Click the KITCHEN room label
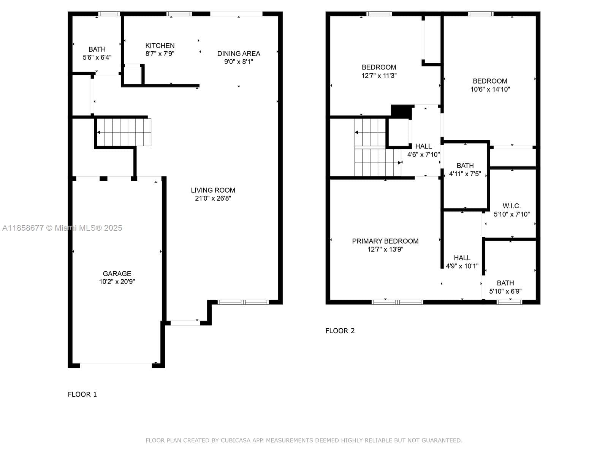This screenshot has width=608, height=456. [x=160, y=46]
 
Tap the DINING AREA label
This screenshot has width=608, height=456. [x=239, y=54]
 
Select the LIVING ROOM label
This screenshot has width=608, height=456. [x=213, y=190]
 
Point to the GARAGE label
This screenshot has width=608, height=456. [x=117, y=274]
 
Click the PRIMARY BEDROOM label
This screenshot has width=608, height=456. [x=385, y=241]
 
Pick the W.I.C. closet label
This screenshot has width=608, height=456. [x=511, y=206]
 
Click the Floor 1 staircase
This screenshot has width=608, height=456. [x=124, y=132]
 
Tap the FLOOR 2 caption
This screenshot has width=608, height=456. [x=340, y=331]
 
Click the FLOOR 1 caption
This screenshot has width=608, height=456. [x=82, y=394]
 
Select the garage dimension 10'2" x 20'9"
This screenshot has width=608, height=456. [x=117, y=282]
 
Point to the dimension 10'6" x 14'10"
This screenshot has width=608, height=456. [x=490, y=89]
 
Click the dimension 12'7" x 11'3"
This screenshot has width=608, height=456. [x=379, y=75]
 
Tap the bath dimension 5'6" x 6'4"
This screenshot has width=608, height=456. [x=97, y=57]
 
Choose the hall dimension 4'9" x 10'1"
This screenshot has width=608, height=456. [x=462, y=266]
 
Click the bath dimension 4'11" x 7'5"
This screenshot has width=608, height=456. [x=465, y=174]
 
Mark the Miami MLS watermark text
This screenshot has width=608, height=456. [x=62, y=228]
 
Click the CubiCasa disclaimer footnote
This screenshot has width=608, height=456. [x=304, y=440]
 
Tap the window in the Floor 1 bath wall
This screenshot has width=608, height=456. [x=109, y=14]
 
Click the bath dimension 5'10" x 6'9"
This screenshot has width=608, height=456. [x=505, y=291]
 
